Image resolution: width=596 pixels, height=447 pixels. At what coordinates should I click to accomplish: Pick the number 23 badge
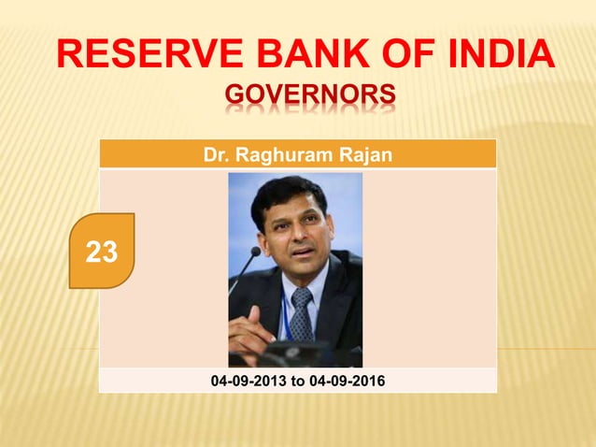pyautogui.click(x=102, y=251)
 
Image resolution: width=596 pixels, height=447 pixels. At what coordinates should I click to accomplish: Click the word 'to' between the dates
pyautogui.click(x=297, y=381)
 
